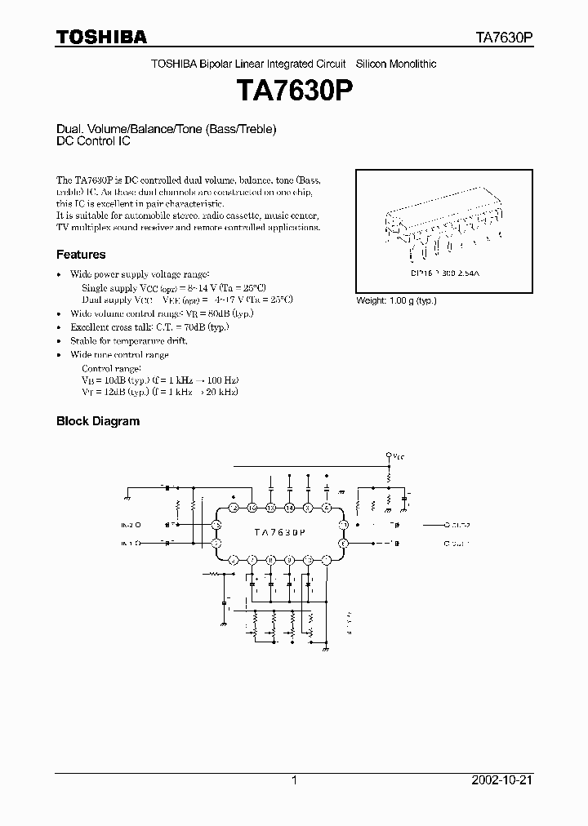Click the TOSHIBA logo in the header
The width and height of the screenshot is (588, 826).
[101, 37]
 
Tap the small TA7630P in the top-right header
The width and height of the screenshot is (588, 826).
[504, 38]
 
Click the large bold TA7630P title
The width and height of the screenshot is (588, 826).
[294, 90]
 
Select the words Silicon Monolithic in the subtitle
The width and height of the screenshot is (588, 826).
[397, 64]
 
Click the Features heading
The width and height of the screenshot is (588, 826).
[81, 255]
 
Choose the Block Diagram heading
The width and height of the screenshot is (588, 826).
[98, 421]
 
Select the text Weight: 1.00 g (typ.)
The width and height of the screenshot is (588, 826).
[396, 300]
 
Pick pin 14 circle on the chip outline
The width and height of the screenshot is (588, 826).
[289, 508]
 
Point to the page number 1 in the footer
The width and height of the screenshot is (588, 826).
[294, 780]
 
